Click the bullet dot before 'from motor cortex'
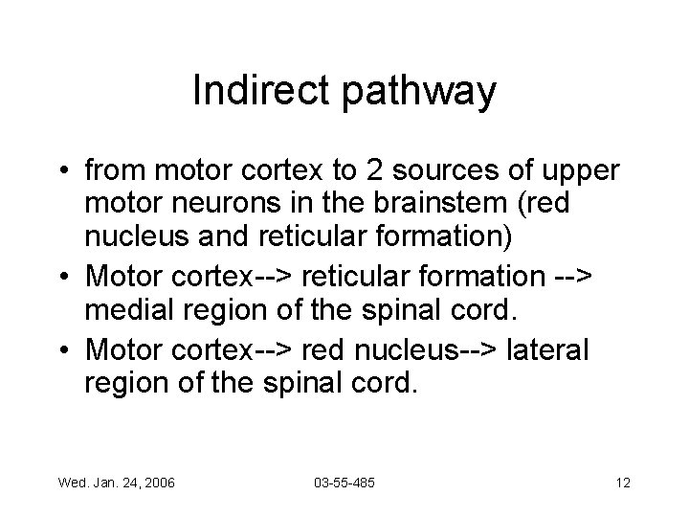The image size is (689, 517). (64, 173)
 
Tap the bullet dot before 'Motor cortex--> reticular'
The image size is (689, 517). (64, 277)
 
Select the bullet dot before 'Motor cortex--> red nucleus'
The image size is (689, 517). (64, 352)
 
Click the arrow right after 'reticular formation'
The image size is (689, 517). (573, 277)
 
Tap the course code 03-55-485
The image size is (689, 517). (344, 483)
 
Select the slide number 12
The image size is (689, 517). (623, 483)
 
